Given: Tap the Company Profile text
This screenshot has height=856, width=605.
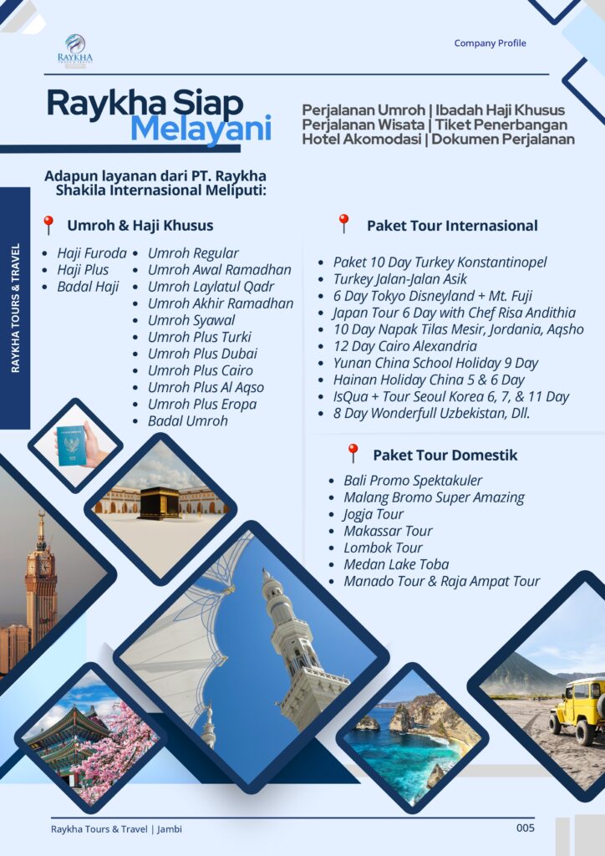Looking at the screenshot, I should pyautogui.click(x=490, y=43).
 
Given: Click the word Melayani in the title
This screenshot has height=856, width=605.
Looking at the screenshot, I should pyautogui.click(x=201, y=130).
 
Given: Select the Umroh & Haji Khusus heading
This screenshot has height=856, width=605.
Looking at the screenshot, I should pyautogui.click(x=140, y=225).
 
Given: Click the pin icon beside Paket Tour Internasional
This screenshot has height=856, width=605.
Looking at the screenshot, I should pyautogui.click(x=343, y=224).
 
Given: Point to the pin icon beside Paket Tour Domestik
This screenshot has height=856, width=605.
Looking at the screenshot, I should pyautogui.click(x=353, y=454).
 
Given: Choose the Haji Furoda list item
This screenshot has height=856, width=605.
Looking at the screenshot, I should pyautogui.click(x=91, y=253).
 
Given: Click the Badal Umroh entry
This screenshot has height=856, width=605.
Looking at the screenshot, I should pyautogui.click(x=187, y=420).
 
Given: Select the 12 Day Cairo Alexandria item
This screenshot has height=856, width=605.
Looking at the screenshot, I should pyautogui.click(x=404, y=346).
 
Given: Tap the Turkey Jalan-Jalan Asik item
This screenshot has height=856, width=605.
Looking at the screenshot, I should pyautogui.click(x=399, y=278).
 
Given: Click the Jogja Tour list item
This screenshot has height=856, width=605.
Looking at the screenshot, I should pyautogui.click(x=373, y=514).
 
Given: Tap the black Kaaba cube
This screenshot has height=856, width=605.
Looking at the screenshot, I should pyautogui.click(x=159, y=502).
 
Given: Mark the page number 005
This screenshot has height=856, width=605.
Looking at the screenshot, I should pyautogui.click(x=525, y=828).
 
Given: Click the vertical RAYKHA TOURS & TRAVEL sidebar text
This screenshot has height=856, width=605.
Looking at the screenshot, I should pyautogui.click(x=16, y=308).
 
